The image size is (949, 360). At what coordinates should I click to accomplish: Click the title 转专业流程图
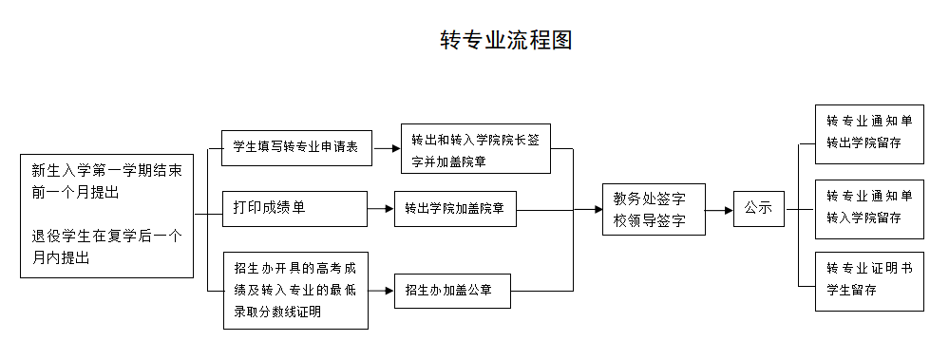[505, 40]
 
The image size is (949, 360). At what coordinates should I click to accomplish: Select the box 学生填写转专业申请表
[294, 147]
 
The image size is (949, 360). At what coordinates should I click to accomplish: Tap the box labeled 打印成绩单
[294, 208]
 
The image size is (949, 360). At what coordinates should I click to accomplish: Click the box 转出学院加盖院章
[455, 208]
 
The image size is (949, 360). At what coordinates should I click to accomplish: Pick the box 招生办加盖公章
[453, 290]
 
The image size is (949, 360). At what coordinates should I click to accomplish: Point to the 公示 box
[758, 207]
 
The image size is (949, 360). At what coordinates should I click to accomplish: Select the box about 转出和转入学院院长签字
[475, 148]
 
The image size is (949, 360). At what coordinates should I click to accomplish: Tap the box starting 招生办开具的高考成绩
[294, 290]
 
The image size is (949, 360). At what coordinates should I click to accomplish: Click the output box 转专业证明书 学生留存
[869, 280]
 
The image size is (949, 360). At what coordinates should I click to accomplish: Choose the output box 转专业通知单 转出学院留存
[869, 133]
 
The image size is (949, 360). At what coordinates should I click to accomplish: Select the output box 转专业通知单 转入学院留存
[869, 207]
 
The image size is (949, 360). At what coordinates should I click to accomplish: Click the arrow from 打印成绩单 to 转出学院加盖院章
[381, 208]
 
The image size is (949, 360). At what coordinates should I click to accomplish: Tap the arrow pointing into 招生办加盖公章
[381, 290]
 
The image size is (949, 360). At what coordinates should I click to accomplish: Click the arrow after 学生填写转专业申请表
[386, 148]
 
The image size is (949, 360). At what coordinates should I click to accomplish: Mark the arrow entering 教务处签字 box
[590, 209]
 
